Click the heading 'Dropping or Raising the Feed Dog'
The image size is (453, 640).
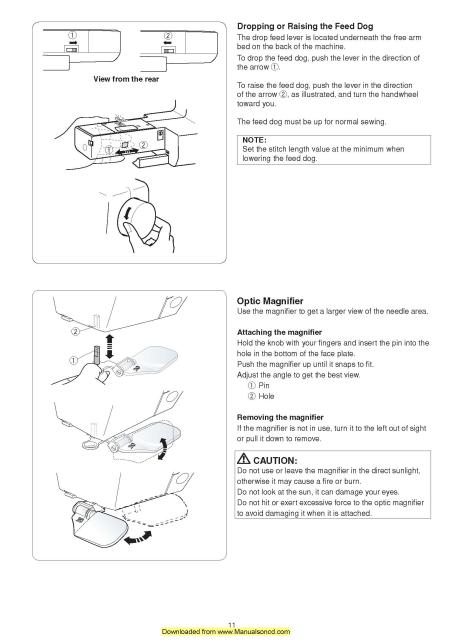305,27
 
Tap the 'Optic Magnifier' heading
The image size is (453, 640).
270,301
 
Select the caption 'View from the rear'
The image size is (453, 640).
126,79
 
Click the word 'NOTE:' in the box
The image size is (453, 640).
254,140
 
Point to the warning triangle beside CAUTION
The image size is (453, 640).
244,459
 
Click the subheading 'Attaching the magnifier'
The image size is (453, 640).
279,332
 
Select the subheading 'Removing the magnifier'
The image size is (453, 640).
280,417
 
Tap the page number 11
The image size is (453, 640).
232,625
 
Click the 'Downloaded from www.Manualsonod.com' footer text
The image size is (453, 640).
226,631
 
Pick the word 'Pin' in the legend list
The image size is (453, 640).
264,385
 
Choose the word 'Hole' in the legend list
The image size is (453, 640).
266,396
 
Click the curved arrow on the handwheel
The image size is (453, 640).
127,213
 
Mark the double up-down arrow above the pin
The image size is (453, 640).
109,345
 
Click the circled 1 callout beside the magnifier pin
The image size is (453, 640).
73,360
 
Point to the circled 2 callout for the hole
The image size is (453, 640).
76,331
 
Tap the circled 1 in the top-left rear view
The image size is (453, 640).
72,36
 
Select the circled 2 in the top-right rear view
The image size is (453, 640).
168,36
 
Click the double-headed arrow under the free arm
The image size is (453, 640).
125,151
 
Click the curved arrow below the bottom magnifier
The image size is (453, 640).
138,538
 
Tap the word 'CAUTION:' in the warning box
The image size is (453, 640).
275,460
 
